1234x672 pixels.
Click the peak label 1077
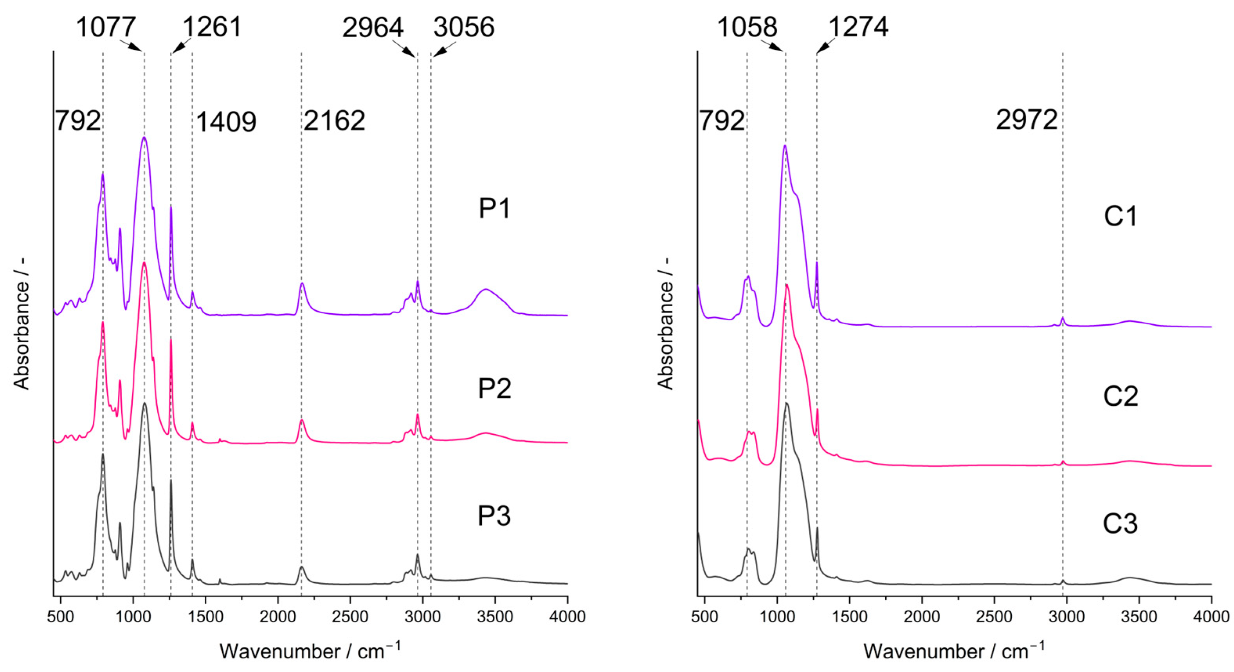coord(106,27)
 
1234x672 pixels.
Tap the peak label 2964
coord(373,28)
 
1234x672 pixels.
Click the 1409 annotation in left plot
coord(226,122)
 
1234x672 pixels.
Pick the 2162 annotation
coord(334,120)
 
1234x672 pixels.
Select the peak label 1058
coord(747,27)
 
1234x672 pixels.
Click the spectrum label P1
coord(495,209)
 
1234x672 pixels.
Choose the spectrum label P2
coord(494,389)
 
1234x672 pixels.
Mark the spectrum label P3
coord(494,516)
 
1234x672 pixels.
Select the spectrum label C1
coord(1121,216)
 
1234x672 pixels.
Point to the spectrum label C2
coord(1121,396)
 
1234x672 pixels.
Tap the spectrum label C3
coord(1120,524)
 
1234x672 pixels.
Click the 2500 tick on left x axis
coord(350,616)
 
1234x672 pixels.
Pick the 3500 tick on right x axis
coord(1139,616)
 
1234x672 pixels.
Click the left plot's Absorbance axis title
coord(22,336)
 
